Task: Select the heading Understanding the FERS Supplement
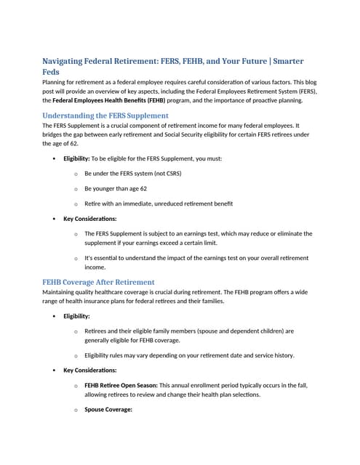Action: click(105, 116)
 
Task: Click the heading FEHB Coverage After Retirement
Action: click(98, 282)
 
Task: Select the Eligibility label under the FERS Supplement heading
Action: click(76, 158)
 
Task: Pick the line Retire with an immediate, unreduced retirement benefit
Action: click(158, 203)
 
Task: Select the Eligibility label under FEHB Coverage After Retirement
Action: click(76, 316)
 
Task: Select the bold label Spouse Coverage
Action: click(108, 409)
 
